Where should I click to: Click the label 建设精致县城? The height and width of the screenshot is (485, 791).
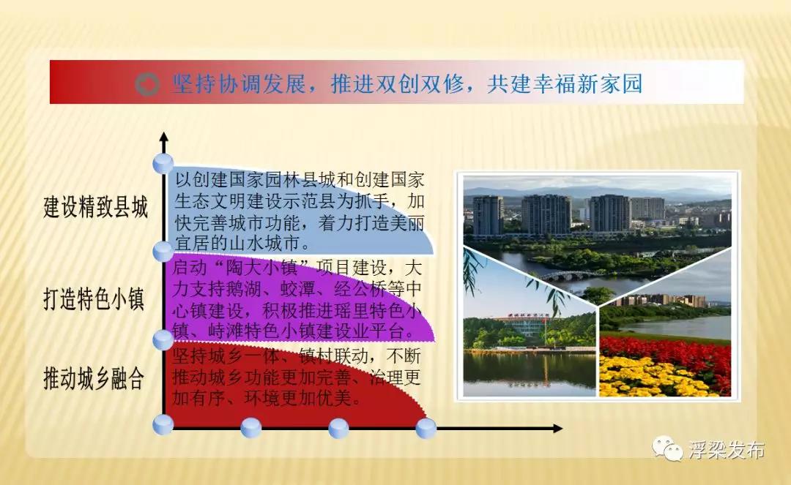96,207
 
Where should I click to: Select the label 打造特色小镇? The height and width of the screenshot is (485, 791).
94,298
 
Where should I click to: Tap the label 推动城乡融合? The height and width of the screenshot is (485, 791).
94,378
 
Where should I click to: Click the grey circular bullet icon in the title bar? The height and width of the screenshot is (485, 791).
147,84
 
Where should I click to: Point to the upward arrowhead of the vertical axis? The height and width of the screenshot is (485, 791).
163,137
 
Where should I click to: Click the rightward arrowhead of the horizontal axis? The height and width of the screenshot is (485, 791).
557,429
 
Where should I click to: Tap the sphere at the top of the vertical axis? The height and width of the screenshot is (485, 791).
163,164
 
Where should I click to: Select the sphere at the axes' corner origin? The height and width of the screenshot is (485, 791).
163,424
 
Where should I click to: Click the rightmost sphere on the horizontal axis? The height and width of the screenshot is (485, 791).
426,429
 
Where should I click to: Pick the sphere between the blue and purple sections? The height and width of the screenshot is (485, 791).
163,251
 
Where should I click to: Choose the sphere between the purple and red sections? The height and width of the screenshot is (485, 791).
163,340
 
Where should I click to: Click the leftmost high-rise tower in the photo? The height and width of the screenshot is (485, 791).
488,216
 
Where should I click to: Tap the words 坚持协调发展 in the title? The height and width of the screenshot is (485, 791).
239,83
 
